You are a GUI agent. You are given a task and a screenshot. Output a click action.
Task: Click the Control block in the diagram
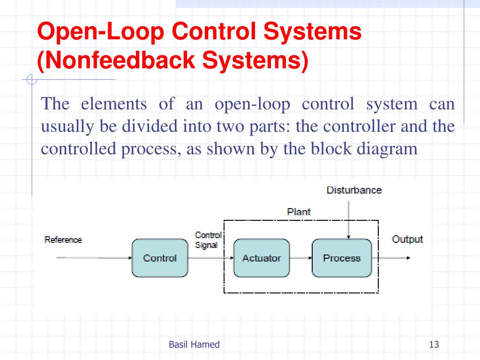click(160, 258)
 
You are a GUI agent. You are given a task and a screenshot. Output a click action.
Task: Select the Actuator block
click(262, 258)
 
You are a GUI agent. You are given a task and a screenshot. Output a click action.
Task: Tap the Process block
click(342, 258)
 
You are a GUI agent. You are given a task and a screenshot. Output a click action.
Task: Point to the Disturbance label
click(354, 190)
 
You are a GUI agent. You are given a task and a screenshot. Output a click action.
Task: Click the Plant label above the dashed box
click(299, 212)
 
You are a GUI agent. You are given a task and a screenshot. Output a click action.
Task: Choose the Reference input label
click(63, 240)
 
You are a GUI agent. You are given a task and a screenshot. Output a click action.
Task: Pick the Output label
click(407, 240)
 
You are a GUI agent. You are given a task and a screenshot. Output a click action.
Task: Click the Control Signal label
click(208, 240)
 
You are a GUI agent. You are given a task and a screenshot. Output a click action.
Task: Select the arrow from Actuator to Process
click(300, 258)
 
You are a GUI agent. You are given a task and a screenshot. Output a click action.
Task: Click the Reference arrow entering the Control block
click(94, 258)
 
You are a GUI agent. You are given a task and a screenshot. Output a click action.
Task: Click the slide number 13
click(434, 345)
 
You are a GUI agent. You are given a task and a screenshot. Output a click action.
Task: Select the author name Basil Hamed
click(194, 345)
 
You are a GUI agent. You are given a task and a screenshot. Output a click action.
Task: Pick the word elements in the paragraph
click(113, 104)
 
